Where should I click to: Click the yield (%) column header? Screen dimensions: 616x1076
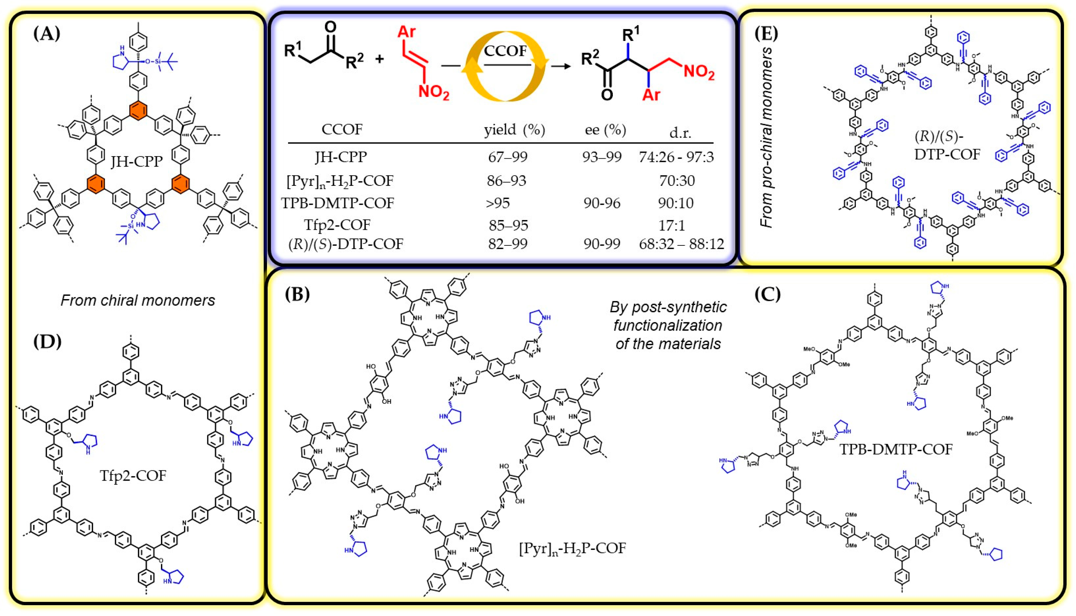pyautogui.click(x=514, y=130)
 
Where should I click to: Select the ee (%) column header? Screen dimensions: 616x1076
pyautogui.click(x=605, y=130)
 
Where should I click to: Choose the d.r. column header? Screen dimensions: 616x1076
pyautogui.click(x=680, y=133)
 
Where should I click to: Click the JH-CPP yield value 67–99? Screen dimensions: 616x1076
pyautogui.click(x=507, y=157)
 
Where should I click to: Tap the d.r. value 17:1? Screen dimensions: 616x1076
pyautogui.click(x=672, y=225)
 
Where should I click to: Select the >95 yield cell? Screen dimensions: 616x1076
pyautogui.click(x=498, y=203)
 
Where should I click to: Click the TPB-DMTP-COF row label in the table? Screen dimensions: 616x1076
pyautogui.click(x=337, y=203)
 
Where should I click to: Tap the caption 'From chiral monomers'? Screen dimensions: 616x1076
pyautogui.click(x=138, y=301)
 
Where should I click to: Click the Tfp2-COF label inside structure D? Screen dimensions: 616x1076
pyautogui.click(x=133, y=476)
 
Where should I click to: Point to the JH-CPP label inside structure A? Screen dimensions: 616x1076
pyautogui.click(x=136, y=162)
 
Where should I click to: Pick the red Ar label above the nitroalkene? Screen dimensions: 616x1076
pyautogui.click(x=406, y=32)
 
